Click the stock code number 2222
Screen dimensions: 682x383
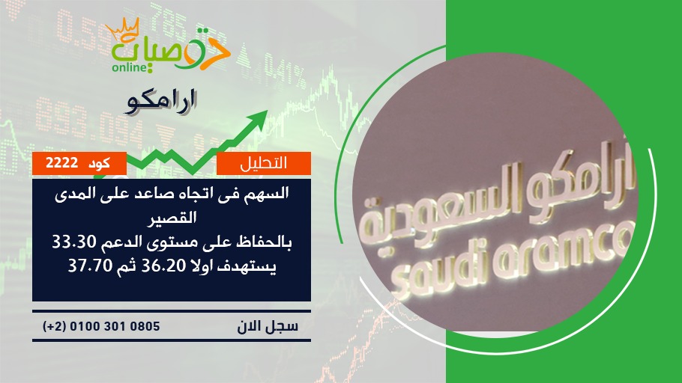(x=61, y=163)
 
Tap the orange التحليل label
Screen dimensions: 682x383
(x=264, y=163)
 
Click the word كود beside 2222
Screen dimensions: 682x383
(x=99, y=163)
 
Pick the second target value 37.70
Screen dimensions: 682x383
(x=91, y=265)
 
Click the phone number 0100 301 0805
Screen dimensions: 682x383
(x=115, y=326)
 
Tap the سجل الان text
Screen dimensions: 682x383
(x=268, y=326)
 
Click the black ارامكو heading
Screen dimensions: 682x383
(x=162, y=102)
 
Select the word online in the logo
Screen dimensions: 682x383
(x=128, y=67)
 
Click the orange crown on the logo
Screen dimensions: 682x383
(x=122, y=28)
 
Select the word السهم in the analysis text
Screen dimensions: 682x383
(x=266, y=193)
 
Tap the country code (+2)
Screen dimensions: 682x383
(x=53, y=326)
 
